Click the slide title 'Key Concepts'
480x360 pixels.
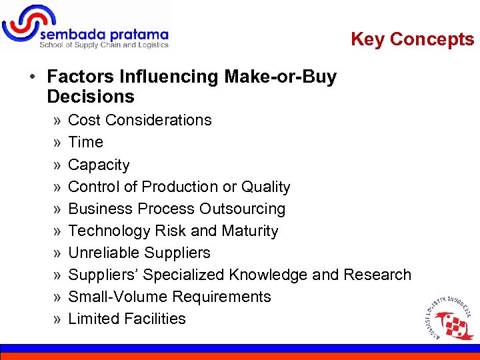[x=412, y=39]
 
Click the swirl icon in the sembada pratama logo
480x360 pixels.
[x=22, y=25]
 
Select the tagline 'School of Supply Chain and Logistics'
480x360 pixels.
[x=104, y=45]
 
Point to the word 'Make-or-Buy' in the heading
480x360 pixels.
[x=280, y=77]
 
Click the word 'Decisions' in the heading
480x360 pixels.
[x=91, y=97]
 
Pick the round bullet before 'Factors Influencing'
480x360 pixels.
[x=32, y=77]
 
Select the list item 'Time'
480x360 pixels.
[x=85, y=142]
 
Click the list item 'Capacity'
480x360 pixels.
[x=99, y=165]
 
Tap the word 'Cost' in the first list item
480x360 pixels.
[x=85, y=120]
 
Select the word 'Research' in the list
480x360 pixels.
[x=377, y=275]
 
